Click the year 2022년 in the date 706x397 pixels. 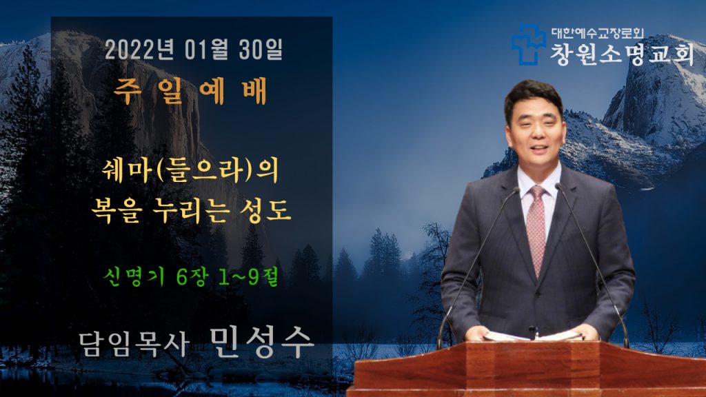(x=139, y=50)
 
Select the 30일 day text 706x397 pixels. (x=261, y=50)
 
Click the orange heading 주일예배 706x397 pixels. (x=190, y=92)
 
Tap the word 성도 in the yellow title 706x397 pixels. (x=266, y=211)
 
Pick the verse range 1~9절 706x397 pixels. (x=248, y=277)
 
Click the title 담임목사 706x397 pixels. (x=134, y=345)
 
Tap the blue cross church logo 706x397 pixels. (x=527, y=45)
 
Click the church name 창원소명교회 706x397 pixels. (x=622, y=54)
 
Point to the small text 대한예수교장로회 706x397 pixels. (x=598, y=33)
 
